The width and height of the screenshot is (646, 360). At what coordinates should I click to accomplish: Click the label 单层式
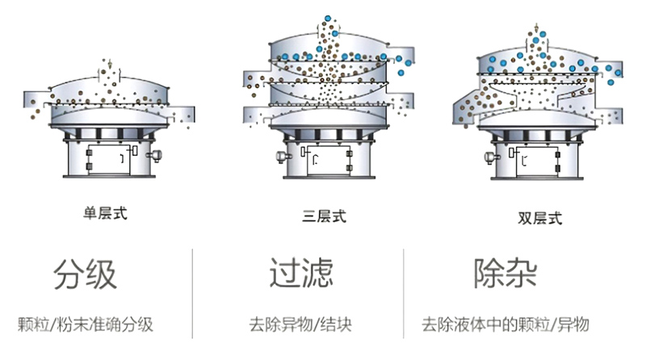pyautogui.click(x=106, y=213)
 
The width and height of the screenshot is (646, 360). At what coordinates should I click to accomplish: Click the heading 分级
pyautogui.click(x=85, y=274)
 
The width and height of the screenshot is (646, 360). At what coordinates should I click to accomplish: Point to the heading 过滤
pyautogui.click(x=300, y=274)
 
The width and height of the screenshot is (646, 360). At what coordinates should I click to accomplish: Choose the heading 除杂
pyautogui.click(x=505, y=274)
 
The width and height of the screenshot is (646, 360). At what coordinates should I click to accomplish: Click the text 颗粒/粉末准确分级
pyautogui.click(x=85, y=325)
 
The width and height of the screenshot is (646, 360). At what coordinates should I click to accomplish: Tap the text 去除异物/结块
pyautogui.click(x=300, y=325)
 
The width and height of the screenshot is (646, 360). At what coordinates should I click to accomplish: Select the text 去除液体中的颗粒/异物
pyautogui.click(x=505, y=325)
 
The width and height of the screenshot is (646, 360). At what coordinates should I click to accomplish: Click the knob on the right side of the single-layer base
pyautogui.click(x=155, y=153)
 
